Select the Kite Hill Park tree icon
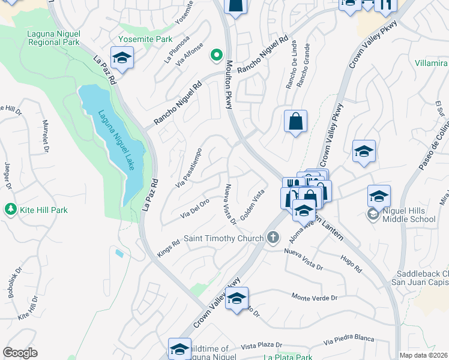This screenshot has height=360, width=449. pos(10,210)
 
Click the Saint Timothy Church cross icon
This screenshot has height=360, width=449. pos(273,238)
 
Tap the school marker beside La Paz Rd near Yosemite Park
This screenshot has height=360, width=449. pos(122,58)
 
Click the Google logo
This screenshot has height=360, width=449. pos(20,353)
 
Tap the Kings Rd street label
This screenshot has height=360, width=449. pos(168,246)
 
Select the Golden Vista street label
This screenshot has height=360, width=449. pos(253,203)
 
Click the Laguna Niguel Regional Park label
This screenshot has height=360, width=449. pos(53,38)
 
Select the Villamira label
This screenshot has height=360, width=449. pos(430,63)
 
